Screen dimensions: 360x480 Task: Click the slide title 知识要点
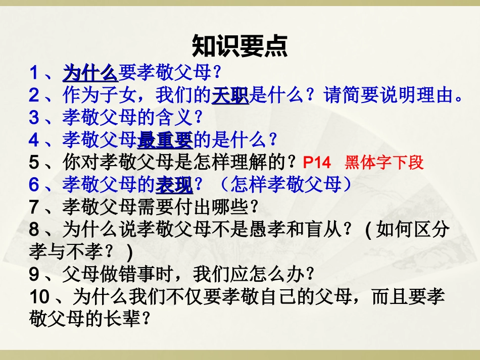[x=239, y=47]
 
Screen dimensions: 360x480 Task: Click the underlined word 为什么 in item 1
[x=90, y=74]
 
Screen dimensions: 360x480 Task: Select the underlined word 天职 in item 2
[x=230, y=95]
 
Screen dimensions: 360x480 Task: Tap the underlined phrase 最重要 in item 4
[x=165, y=139]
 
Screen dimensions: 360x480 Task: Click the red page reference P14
[x=317, y=163]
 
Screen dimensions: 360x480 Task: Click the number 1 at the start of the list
[x=34, y=74]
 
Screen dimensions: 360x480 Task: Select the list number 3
[x=34, y=118]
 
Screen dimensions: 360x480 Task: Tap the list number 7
[x=34, y=207]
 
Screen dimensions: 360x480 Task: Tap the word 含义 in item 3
[x=174, y=118]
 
